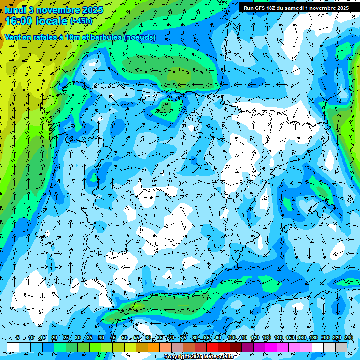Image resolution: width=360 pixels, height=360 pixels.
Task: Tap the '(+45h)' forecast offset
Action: coord(81,21)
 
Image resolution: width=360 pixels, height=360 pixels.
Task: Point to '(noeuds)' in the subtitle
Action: coord(139,37)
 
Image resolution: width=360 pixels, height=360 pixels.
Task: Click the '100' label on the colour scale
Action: coord(231,338)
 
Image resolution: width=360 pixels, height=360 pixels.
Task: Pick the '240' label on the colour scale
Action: coord(348,338)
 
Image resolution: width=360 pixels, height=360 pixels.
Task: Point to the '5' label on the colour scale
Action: coord(18,338)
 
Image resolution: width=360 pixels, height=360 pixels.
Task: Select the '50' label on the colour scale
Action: coord(125,338)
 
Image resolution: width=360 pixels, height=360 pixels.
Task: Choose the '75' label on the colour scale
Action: coord(183,338)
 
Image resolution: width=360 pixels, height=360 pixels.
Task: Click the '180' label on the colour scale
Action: coord(313,338)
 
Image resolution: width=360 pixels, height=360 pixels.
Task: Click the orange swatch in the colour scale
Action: coord(142,346)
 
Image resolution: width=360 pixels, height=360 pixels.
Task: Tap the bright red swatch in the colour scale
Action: coord(212,346)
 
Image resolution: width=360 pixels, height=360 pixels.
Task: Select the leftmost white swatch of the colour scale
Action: coord(13,346)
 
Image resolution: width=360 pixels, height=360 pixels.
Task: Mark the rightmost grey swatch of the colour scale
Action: coord(341,346)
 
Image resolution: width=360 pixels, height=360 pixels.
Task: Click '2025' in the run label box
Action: coord(342,8)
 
